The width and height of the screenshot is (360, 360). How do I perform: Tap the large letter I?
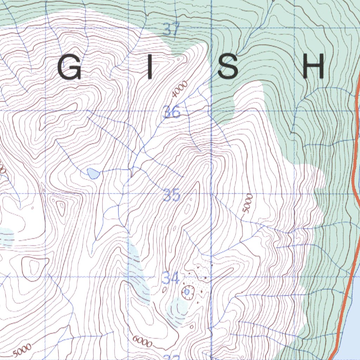tap(150, 67)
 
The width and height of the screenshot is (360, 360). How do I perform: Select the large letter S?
tap(228, 67)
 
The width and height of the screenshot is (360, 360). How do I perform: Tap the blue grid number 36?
tap(171, 112)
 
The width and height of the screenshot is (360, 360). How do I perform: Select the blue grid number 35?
tap(172, 195)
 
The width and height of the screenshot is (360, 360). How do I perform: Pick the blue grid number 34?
tap(171, 279)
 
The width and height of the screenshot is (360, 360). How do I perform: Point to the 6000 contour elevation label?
tap(142, 341)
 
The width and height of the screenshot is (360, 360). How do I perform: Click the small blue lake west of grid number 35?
tap(93, 173)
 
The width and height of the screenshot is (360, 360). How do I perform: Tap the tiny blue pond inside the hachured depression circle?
tap(187, 291)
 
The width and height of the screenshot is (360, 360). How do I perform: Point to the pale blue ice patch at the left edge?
tap(6, 237)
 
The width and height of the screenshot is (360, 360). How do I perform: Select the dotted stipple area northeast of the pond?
tap(202, 278)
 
